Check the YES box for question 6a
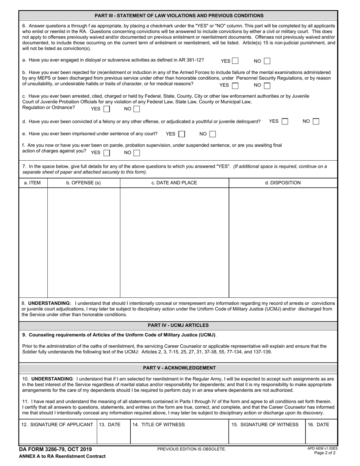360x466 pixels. pos(235,61)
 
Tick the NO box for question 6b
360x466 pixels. pos(267,86)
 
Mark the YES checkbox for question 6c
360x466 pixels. pos(107,109)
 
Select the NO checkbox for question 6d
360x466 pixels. pos(316,122)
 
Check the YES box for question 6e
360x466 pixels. pos(182,134)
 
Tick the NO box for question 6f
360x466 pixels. pos(137,153)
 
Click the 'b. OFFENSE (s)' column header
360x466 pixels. pos(83,183)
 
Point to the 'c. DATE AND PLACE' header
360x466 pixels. pos(174,183)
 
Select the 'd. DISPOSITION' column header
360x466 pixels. pos(283,183)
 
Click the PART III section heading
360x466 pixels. pos(179,16)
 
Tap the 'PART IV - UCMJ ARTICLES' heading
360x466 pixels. pos(178,325)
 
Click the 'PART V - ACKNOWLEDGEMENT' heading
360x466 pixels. pos(179,368)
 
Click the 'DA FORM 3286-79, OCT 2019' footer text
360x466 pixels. pos(55,449)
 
